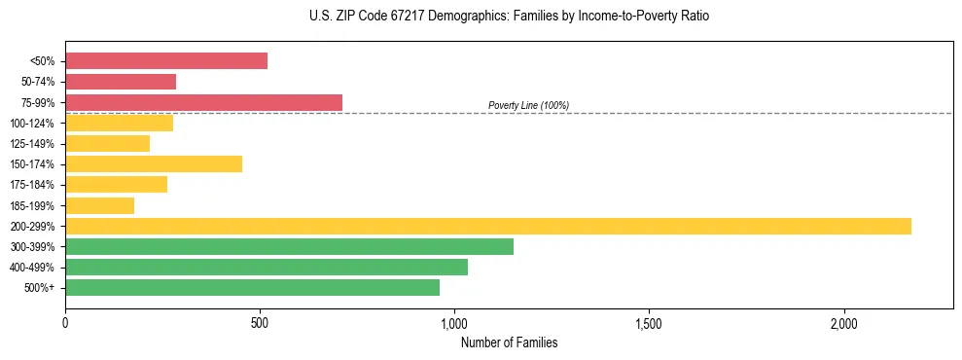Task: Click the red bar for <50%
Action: [166, 61]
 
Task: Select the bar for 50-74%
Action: [121, 82]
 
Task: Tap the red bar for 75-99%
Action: [203, 102]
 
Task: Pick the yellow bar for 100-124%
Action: [119, 123]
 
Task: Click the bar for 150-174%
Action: [154, 163]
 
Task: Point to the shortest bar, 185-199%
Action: [99, 205]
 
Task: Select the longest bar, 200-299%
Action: [488, 226]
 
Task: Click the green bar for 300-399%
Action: [289, 246]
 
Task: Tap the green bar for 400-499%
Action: [267, 267]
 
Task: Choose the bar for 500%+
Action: [252, 287]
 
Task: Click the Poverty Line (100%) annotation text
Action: [528, 105]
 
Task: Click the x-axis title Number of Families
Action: [509, 342]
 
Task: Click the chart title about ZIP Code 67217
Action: [509, 17]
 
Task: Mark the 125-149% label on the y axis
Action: [32, 144]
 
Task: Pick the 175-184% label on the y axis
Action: [32, 185]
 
